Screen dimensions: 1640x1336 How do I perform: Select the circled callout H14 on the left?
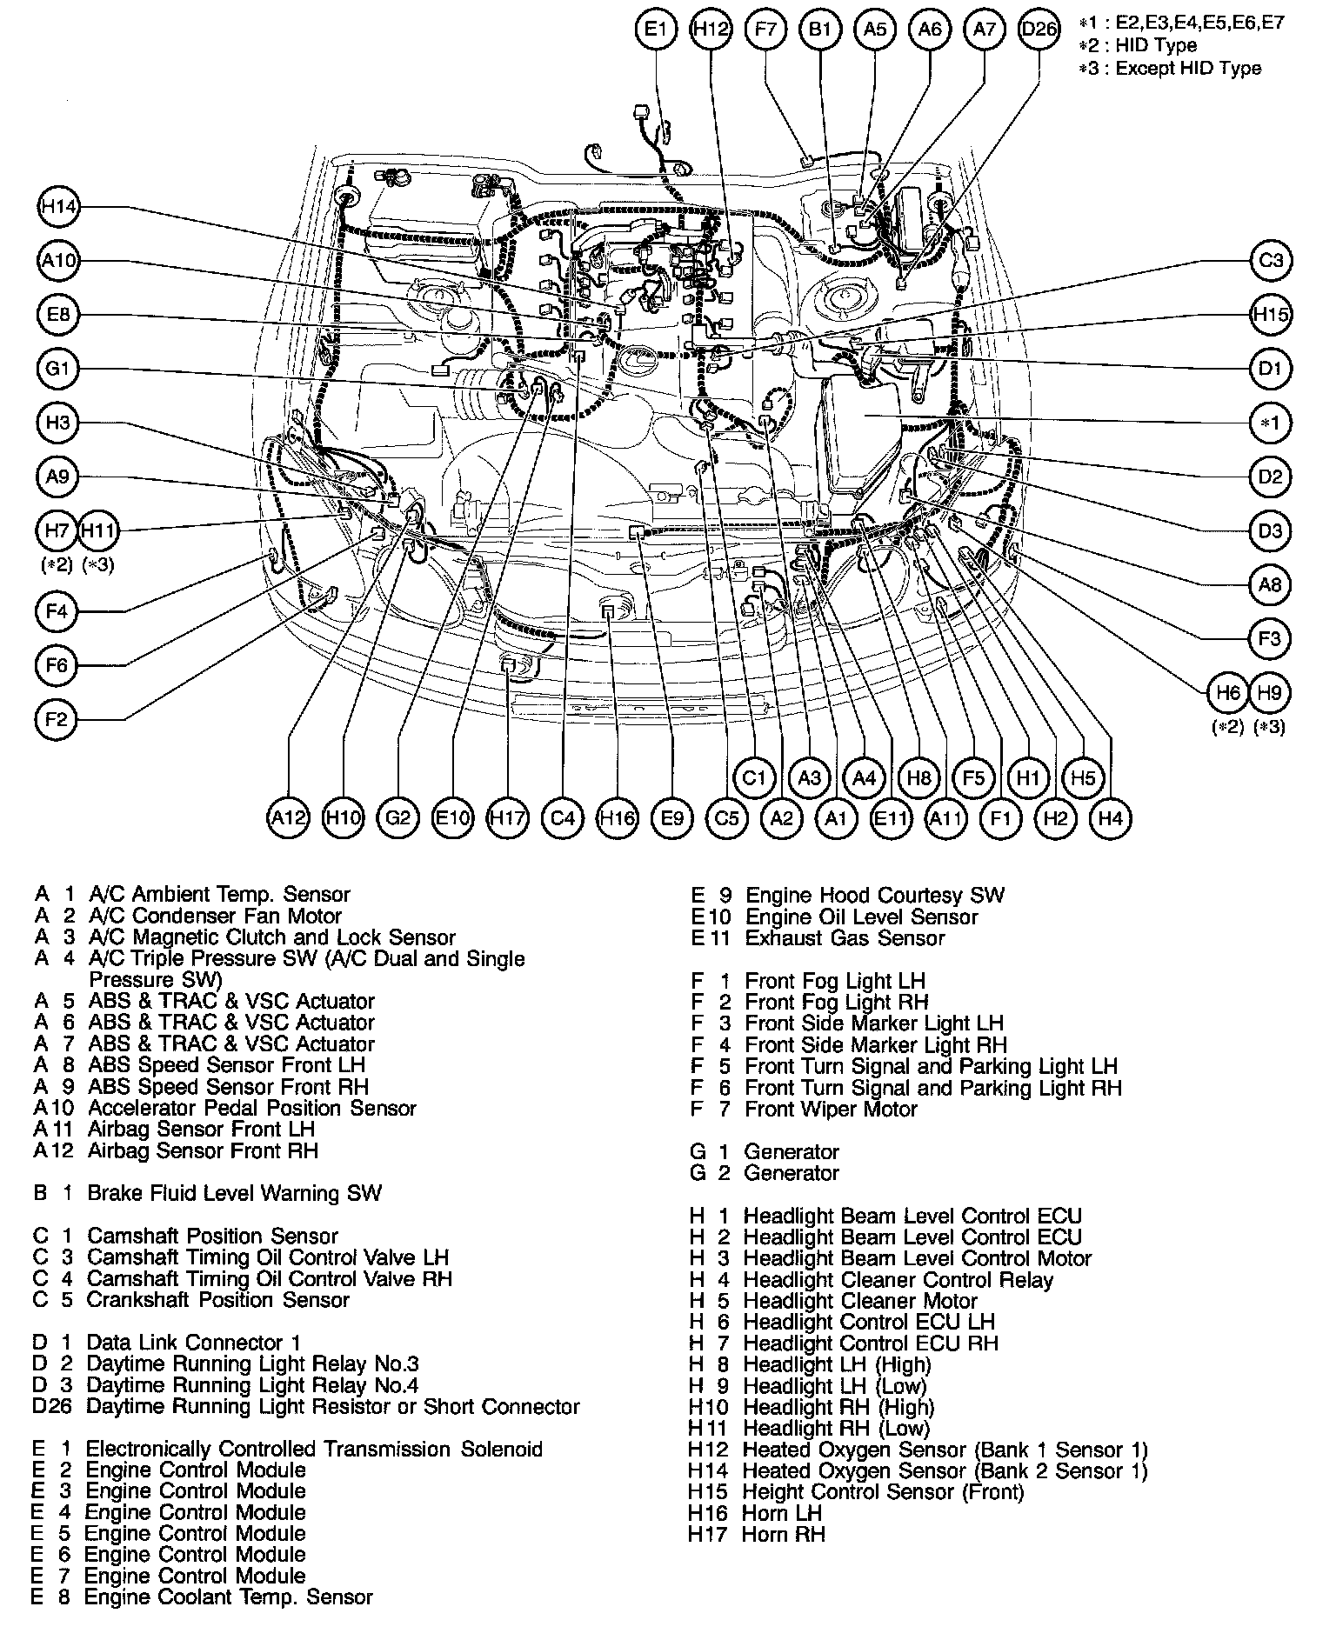coord(59,207)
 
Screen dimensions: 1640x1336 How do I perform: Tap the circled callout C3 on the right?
coord(1271,260)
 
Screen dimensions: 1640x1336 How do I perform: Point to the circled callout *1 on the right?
coord(1271,423)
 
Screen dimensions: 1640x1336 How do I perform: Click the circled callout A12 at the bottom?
coord(288,817)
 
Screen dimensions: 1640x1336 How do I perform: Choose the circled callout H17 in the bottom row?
coord(507,817)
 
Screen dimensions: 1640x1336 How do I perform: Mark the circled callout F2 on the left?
coord(57,720)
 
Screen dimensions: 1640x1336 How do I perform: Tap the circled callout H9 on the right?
coord(1270,693)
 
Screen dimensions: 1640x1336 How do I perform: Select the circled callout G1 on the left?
coord(58,369)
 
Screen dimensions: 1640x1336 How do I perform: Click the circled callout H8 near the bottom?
coord(918,777)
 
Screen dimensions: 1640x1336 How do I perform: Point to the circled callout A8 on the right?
coord(1271,585)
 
